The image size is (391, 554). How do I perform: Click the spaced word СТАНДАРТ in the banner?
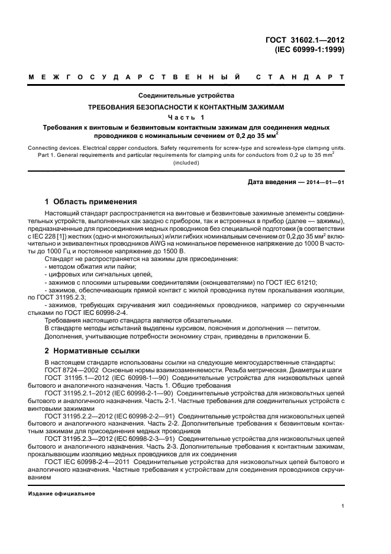click(300, 77)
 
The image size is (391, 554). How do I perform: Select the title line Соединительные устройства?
click(186, 95)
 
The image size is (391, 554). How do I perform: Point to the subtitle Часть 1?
click(186, 117)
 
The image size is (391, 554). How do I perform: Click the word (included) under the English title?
click(186, 163)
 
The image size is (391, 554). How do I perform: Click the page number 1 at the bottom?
click(342, 506)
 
